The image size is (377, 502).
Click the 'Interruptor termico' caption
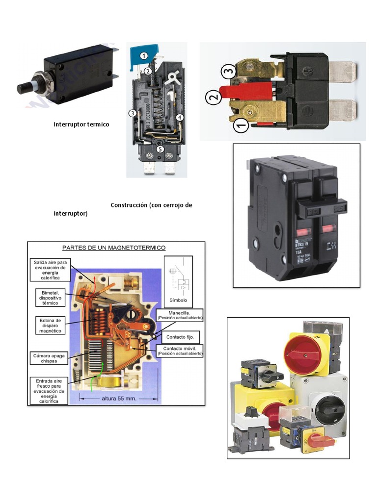click(x=81, y=125)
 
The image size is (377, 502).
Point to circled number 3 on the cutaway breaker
click(x=132, y=113)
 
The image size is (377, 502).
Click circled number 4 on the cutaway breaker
click(x=180, y=118)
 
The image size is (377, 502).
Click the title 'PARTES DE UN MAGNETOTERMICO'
click(x=113, y=248)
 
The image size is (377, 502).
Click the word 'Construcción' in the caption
click(x=130, y=205)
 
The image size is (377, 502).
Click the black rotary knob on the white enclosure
click(x=325, y=405)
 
